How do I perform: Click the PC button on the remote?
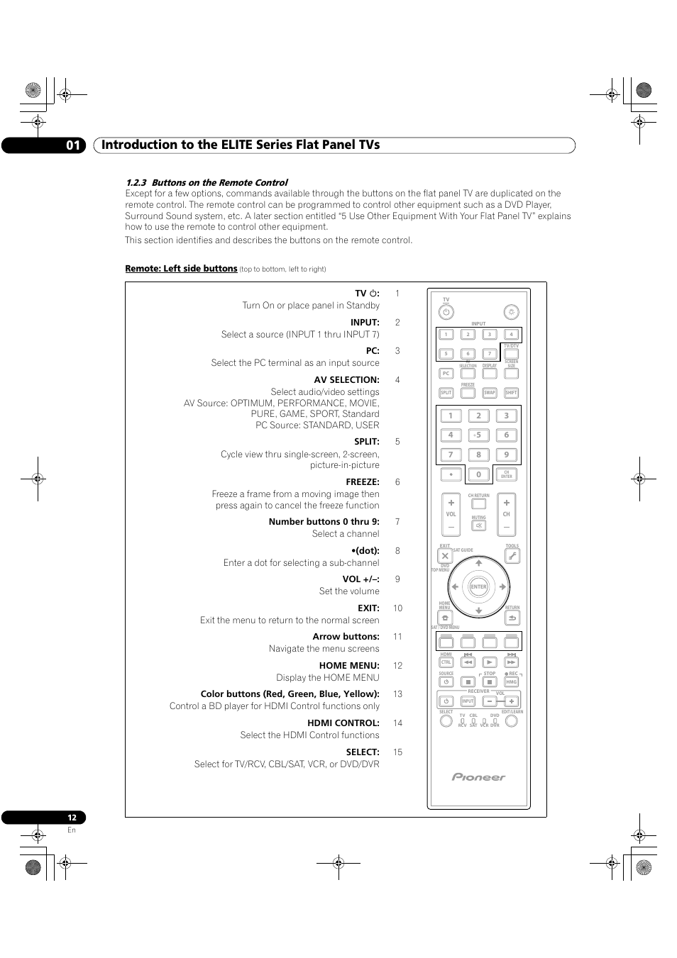[x=446, y=374]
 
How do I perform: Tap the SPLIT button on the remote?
[x=446, y=393]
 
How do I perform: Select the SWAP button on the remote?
[x=490, y=393]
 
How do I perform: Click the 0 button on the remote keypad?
[x=478, y=474]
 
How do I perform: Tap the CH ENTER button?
[x=507, y=474]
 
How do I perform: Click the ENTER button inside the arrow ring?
[x=479, y=586]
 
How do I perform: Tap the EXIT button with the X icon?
[x=445, y=557]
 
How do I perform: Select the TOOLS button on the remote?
[x=512, y=557]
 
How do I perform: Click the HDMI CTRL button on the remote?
[x=446, y=662]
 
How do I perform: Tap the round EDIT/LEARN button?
[x=512, y=721]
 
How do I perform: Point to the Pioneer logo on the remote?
[x=479, y=777]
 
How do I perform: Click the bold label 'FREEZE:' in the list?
[x=363, y=482]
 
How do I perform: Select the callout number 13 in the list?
[x=397, y=694]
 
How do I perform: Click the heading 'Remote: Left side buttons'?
[x=181, y=269]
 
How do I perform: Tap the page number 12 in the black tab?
[x=72, y=818]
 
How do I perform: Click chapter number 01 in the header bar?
[x=74, y=145]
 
